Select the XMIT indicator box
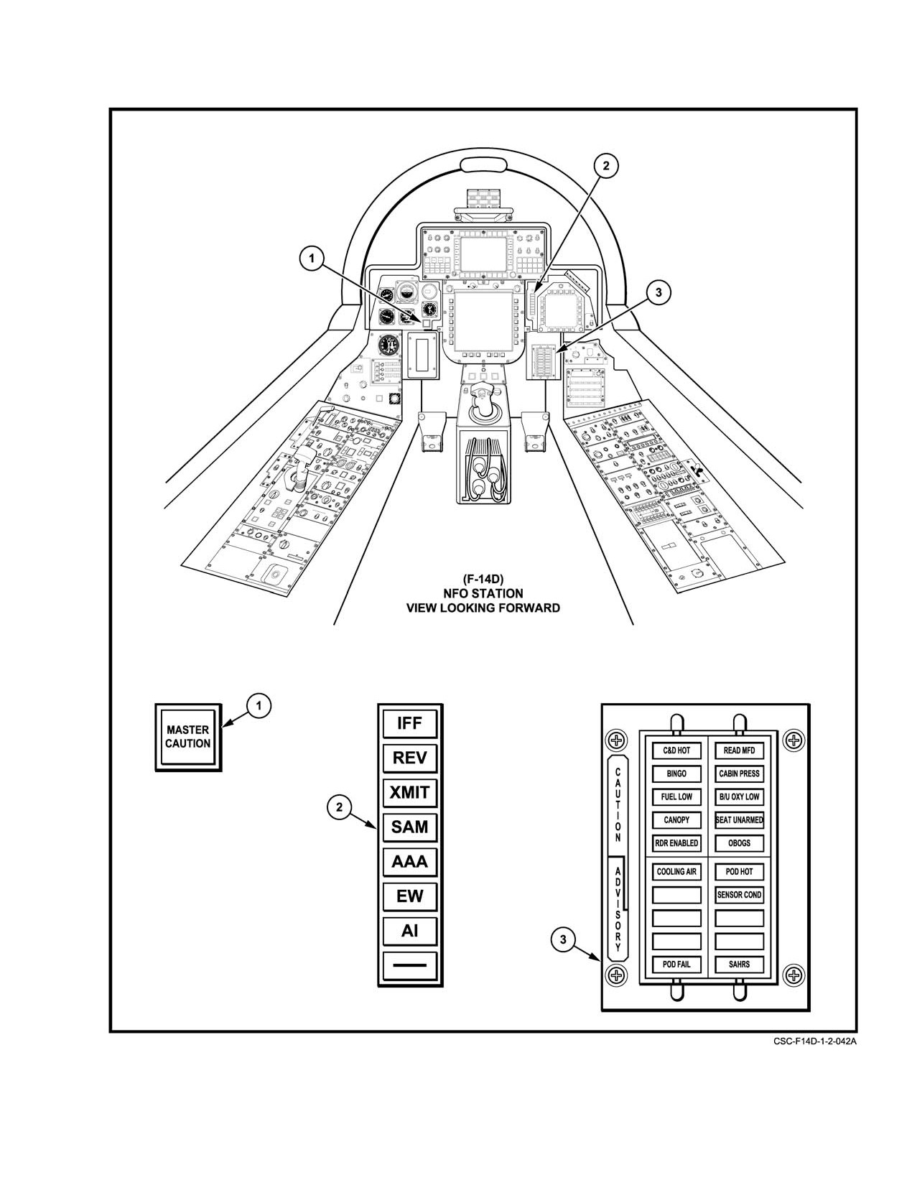410,792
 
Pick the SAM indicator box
410,827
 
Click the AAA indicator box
410,862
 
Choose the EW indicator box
410,896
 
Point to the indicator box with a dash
410,965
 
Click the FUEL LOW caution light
676,797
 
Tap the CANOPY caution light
676,820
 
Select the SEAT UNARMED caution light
740,820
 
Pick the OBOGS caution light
740,843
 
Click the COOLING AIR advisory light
676,872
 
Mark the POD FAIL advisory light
676,965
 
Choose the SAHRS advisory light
740,965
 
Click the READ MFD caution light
740,751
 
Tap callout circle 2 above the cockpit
606,166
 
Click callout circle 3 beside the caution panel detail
564,939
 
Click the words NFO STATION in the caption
483,593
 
